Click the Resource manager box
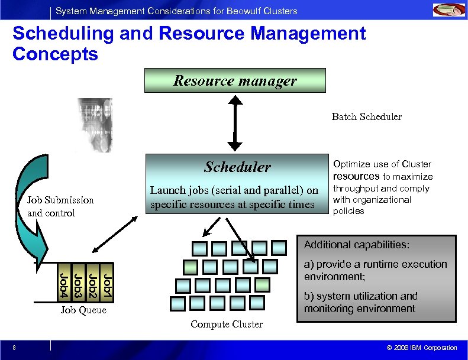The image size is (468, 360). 235,80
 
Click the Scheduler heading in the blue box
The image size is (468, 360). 237,167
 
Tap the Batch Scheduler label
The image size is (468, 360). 366,116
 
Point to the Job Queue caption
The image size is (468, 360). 83,310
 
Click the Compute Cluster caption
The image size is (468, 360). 227,324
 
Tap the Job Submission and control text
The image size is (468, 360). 60,206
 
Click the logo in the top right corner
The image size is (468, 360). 449,10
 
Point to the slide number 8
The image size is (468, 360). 13,348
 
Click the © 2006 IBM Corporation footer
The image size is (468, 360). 421,348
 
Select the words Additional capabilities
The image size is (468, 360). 356,245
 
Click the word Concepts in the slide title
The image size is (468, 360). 55,54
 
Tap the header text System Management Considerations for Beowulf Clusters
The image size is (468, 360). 176,11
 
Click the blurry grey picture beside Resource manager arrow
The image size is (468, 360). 94,125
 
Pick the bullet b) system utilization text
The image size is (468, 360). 360,302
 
